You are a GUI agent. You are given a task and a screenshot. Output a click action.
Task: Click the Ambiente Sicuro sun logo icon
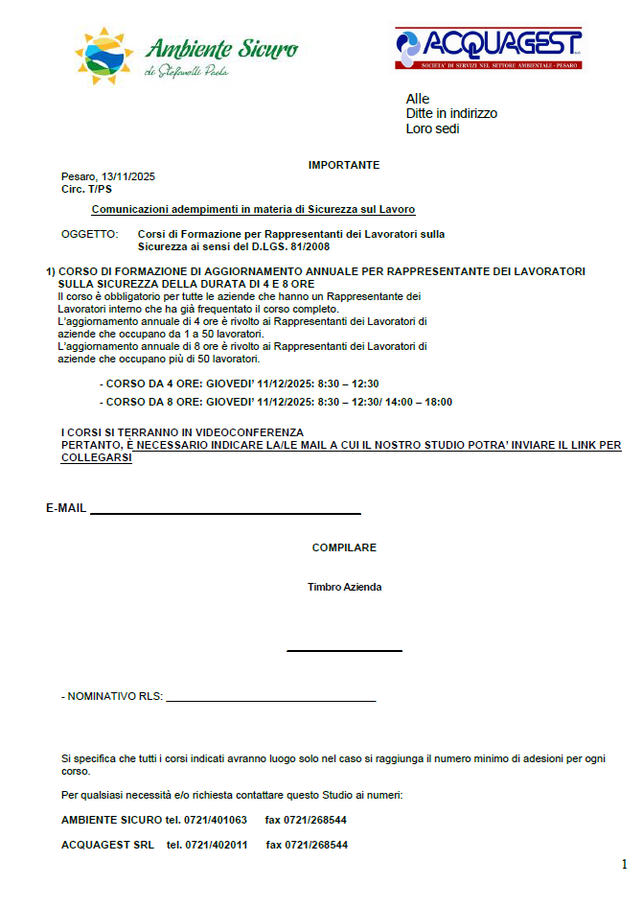[x=104, y=54]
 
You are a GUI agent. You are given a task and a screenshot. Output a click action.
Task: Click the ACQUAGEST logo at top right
[x=488, y=48]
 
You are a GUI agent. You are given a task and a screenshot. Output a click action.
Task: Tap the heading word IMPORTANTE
[x=344, y=165]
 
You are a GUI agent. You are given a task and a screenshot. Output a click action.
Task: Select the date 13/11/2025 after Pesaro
[x=128, y=176]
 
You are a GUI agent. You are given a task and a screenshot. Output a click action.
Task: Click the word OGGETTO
[x=89, y=234]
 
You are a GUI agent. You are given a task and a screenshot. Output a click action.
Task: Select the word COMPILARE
[x=344, y=547]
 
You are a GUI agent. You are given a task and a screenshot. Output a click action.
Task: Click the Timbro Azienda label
[x=344, y=587]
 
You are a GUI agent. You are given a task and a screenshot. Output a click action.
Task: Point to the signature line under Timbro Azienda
[x=344, y=651]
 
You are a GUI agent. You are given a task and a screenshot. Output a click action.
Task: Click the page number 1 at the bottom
[x=625, y=864]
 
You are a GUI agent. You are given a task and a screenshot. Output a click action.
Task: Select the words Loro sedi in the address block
[x=432, y=128]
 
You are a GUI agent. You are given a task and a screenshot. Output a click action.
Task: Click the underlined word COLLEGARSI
[x=96, y=458]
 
